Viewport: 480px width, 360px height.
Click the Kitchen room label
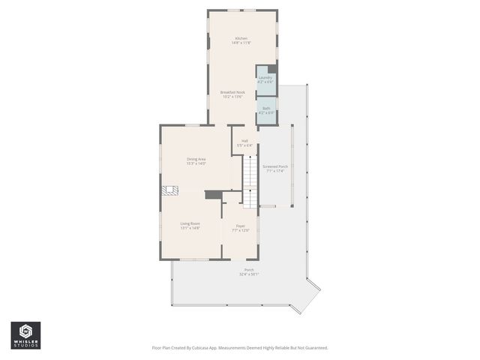(241, 38)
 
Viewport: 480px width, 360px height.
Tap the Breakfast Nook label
(232, 92)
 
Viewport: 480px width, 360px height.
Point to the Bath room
(266, 112)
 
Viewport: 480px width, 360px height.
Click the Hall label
(244, 140)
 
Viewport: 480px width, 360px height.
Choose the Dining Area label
(196, 158)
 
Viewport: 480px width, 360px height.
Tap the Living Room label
(190, 223)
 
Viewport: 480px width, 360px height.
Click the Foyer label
(241, 226)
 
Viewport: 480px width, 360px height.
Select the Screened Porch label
(275, 166)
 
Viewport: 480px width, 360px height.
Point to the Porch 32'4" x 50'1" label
(249, 270)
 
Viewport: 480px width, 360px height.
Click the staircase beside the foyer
(249, 184)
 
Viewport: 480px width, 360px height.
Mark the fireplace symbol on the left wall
(170, 191)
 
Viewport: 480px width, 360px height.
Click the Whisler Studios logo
(25, 334)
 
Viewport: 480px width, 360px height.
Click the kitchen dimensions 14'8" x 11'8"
(241, 43)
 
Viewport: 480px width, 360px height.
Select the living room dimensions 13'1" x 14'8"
(190, 228)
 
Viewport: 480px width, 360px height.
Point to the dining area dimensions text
(196, 163)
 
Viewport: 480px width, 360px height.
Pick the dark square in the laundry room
(271, 69)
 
